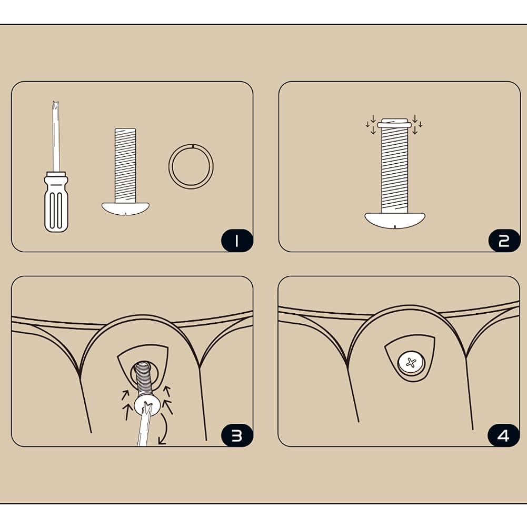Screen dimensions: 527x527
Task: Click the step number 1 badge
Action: pyautogui.click(x=236, y=241)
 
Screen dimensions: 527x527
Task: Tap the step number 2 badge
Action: pyautogui.click(x=504, y=241)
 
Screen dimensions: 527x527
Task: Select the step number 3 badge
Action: pyautogui.click(x=236, y=435)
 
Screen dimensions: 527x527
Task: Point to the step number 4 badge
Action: pyautogui.click(x=503, y=435)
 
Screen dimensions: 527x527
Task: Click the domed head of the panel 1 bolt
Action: pyautogui.click(x=125, y=208)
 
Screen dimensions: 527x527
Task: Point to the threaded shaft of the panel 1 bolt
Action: pyautogui.click(x=125, y=165)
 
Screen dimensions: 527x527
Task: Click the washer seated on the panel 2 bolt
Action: pyautogui.click(x=395, y=125)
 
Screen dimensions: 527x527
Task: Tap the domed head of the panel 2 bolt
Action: pyautogui.click(x=395, y=220)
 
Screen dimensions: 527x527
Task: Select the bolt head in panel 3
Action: pyautogui.click(x=146, y=404)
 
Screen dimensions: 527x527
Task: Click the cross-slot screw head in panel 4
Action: pyautogui.click(x=411, y=363)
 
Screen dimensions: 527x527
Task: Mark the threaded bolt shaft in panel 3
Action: pyautogui.click(x=144, y=378)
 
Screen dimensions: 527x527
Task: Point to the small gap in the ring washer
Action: pyautogui.click(x=193, y=145)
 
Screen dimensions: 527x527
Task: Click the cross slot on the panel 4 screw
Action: pyautogui.click(x=411, y=363)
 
